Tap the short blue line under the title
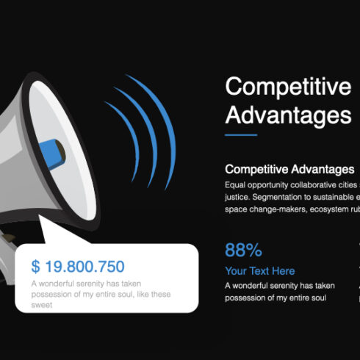point(241,135)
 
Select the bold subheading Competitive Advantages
point(289,170)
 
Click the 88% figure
point(243,249)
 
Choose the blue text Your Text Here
point(260,271)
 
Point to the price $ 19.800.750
point(78,266)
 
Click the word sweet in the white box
point(41,303)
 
